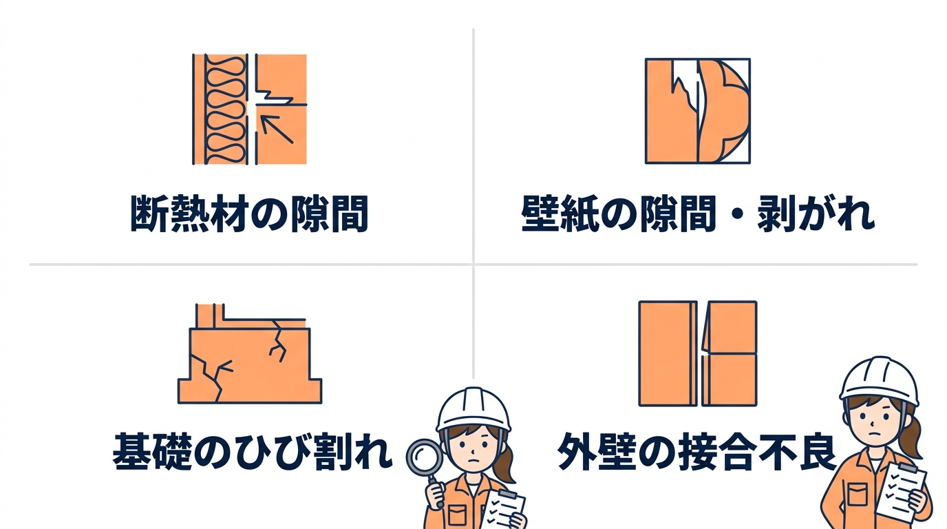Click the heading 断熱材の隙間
click(249, 214)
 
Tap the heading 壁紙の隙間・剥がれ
click(698, 214)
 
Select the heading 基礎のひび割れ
click(252, 453)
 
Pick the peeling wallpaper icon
click(697, 111)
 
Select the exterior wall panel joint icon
click(697, 353)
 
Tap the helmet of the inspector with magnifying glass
click(474, 408)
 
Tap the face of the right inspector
click(876, 420)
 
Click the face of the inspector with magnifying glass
click(473, 448)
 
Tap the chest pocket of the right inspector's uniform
click(857, 495)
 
